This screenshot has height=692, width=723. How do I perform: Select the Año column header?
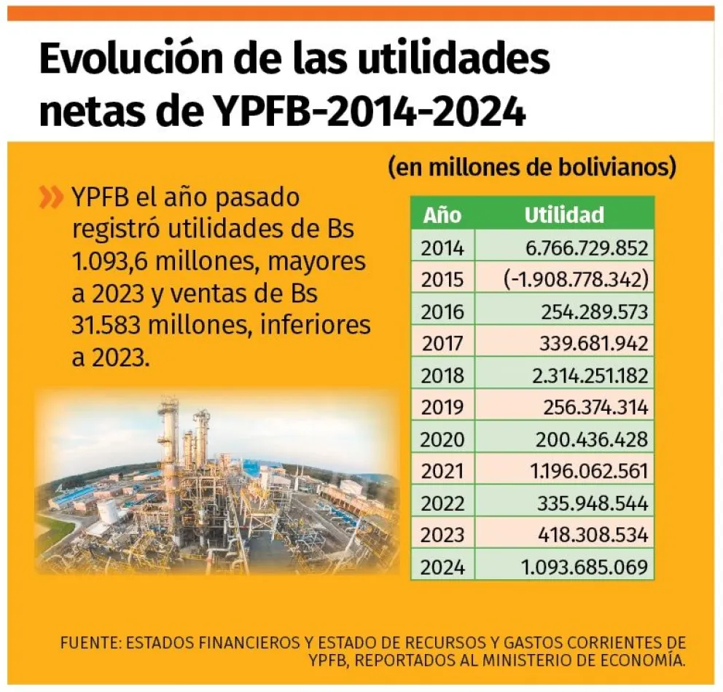[442, 215]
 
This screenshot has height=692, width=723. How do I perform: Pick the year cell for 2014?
[442, 248]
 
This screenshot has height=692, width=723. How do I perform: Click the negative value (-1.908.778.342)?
[575, 280]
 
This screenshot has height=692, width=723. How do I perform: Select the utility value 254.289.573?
[594, 312]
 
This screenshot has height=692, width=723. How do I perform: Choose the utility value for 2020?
[594, 439]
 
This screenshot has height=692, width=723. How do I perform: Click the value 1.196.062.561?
[589, 471]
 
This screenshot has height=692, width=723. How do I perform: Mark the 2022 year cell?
[442, 503]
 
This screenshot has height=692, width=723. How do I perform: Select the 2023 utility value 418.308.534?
[594, 535]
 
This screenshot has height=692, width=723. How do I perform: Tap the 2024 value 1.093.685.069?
[585, 567]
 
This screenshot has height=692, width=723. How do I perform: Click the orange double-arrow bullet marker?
[51, 197]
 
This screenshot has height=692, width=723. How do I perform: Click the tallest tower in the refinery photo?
[169, 437]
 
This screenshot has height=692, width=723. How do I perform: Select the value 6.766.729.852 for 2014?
[587, 248]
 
